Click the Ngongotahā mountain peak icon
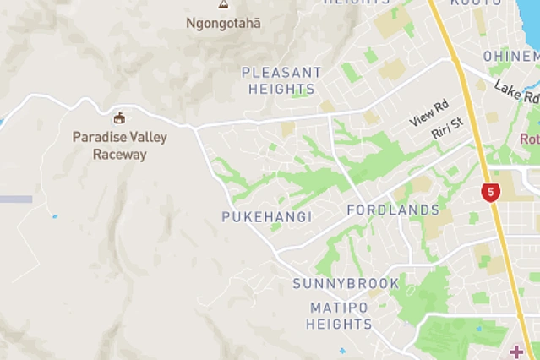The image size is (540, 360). pyautogui.click(x=223, y=4)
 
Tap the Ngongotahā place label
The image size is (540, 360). pyautogui.click(x=223, y=23)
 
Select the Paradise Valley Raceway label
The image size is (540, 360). pyautogui.click(x=119, y=145)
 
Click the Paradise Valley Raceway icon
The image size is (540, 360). pyautogui.click(x=119, y=117)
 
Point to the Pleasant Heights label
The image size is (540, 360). pyautogui.click(x=281, y=80)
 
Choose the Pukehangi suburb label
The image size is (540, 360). pyautogui.click(x=266, y=216)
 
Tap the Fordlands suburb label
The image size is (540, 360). pyautogui.click(x=393, y=210)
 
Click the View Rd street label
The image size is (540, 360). pyautogui.click(x=428, y=114)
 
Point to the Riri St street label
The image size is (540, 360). pyautogui.click(x=447, y=129)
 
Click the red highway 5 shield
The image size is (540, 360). pyautogui.click(x=490, y=192)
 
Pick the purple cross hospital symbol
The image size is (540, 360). pyautogui.click(x=515, y=352)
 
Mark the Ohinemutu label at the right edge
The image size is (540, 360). pyautogui.click(x=511, y=56)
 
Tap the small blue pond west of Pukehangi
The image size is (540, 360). pyautogui.click(x=55, y=217)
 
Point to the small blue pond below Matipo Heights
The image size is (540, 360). pyautogui.click(x=341, y=350)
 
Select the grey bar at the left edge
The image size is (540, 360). pyautogui.click(x=15, y=199)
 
